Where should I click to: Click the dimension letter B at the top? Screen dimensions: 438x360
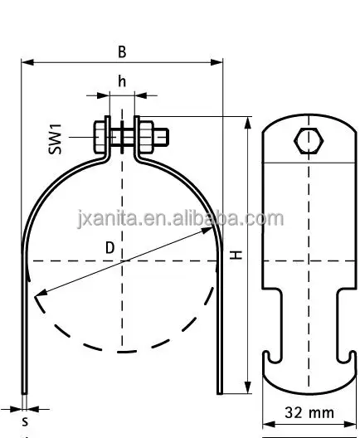coord(122,51)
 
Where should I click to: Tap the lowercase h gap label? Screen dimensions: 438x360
coord(122,81)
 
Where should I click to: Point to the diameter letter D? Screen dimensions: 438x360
coord(110,247)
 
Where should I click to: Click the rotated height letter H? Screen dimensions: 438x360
coord(236,256)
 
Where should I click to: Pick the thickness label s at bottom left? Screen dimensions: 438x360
coord(25,421)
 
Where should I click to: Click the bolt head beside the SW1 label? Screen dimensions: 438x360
coord(100,135)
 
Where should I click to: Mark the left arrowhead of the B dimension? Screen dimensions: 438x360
coord(26,62)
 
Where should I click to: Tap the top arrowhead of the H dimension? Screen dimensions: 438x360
coord(248,120)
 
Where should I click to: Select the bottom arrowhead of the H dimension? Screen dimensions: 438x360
coord(248,390)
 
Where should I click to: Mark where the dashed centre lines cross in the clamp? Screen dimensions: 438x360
coord(123,261)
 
